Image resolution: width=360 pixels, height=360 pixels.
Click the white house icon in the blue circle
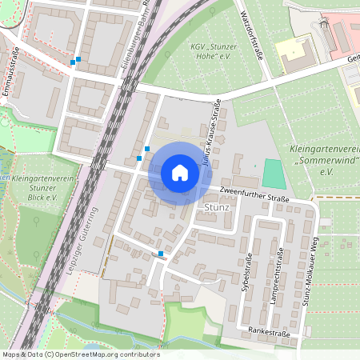[x=180, y=173]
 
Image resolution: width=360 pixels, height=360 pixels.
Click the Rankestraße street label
[x=267, y=330]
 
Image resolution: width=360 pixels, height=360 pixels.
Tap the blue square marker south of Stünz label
[x=161, y=254]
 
